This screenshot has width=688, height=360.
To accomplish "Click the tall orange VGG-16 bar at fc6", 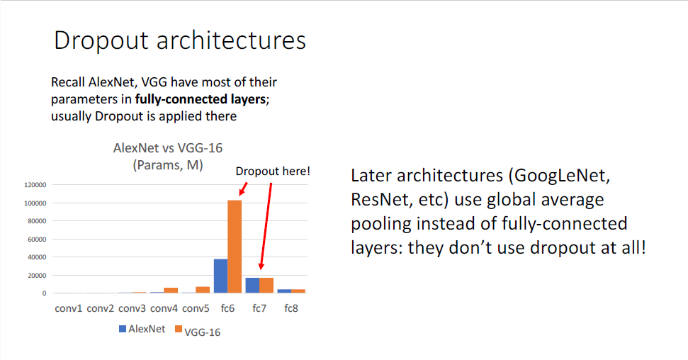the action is (x=235, y=247).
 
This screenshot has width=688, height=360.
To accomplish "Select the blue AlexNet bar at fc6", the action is (x=220, y=276).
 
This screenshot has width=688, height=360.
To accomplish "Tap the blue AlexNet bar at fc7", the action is (x=252, y=286).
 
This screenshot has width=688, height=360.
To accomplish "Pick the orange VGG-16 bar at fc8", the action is (x=298, y=291).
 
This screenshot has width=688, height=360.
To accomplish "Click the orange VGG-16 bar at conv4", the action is (x=171, y=290).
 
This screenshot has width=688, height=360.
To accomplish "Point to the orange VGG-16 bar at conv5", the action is (x=203, y=290).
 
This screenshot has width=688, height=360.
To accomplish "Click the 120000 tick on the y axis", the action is (x=35, y=185).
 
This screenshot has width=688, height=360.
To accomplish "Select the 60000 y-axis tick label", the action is (x=37, y=240).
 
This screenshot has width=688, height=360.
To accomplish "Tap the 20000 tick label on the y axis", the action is (x=37, y=275).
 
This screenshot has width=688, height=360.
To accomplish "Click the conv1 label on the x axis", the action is (x=69, y=309).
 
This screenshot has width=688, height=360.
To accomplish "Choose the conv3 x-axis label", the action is (x=132, y=309).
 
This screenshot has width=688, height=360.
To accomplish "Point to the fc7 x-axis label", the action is (x=259, y=309).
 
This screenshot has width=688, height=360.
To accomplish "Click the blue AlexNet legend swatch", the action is (x=123, y=329).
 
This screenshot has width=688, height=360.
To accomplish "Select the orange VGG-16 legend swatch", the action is (x=178, y=329).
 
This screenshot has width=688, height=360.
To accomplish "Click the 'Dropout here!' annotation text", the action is (x=273, y=171).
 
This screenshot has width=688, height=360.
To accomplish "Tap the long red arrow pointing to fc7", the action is (x=266, y=226).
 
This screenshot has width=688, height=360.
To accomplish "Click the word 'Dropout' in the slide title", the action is (x=101, y=41).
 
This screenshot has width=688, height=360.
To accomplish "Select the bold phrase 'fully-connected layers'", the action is (x=201, y=99).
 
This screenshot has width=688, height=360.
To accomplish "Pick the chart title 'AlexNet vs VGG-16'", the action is (x=168, y=148).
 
